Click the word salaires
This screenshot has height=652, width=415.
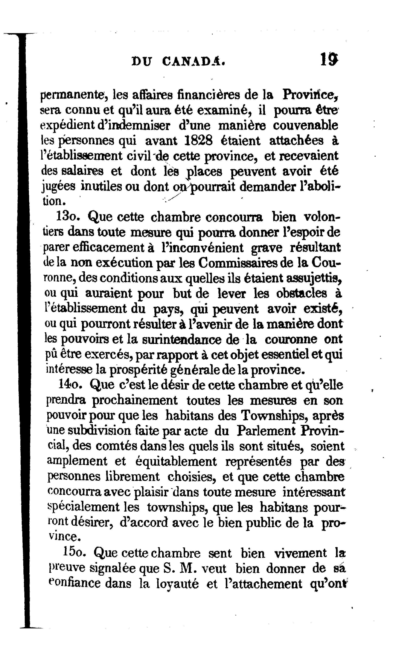pyautogui.click(x=83, y=171)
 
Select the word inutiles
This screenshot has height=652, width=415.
pyautogui.click(x=102, y=187)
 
